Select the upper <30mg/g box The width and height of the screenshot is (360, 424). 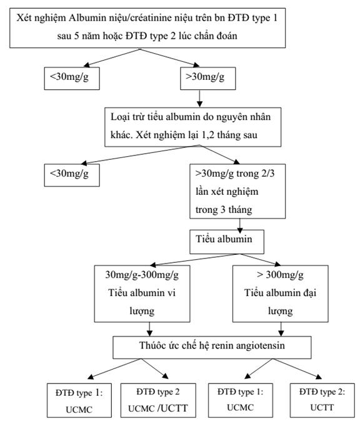pyautogui.click(x=72, y=79)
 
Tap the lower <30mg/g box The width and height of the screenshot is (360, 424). pyautogui.click(x=72, y=175)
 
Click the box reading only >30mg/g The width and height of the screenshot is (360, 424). pyautogui.click(x=208, y=79)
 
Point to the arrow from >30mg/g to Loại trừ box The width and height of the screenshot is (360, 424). pyautogui.click(x=199, y=99)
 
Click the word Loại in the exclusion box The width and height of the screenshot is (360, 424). pyautogui.click(x=119, y=117)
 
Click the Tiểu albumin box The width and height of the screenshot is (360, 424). pyautogui.click(x=227, y=242)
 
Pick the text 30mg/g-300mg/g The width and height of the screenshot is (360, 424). pyautogui.click(x=142, y=275)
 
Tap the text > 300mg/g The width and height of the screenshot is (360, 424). pyautogui.click(x=280, y=275)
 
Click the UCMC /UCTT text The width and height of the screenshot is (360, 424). pyautogui.click(x=157, y=408)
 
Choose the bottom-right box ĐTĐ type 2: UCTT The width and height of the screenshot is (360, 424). pyautogui.click(x=322, y=400)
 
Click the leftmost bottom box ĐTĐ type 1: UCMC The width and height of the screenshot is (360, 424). pyautogui.click(x=79, y=400)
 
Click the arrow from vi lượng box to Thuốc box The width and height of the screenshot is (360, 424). pyautogui.click(x=149, y=329)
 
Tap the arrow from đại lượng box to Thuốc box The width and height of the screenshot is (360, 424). pyautogui.click(x=281, y=329)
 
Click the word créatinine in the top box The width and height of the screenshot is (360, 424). pyautogui.click(x=154, y=18)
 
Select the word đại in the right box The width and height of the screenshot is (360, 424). pyautogui.click(x=309, y=293)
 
